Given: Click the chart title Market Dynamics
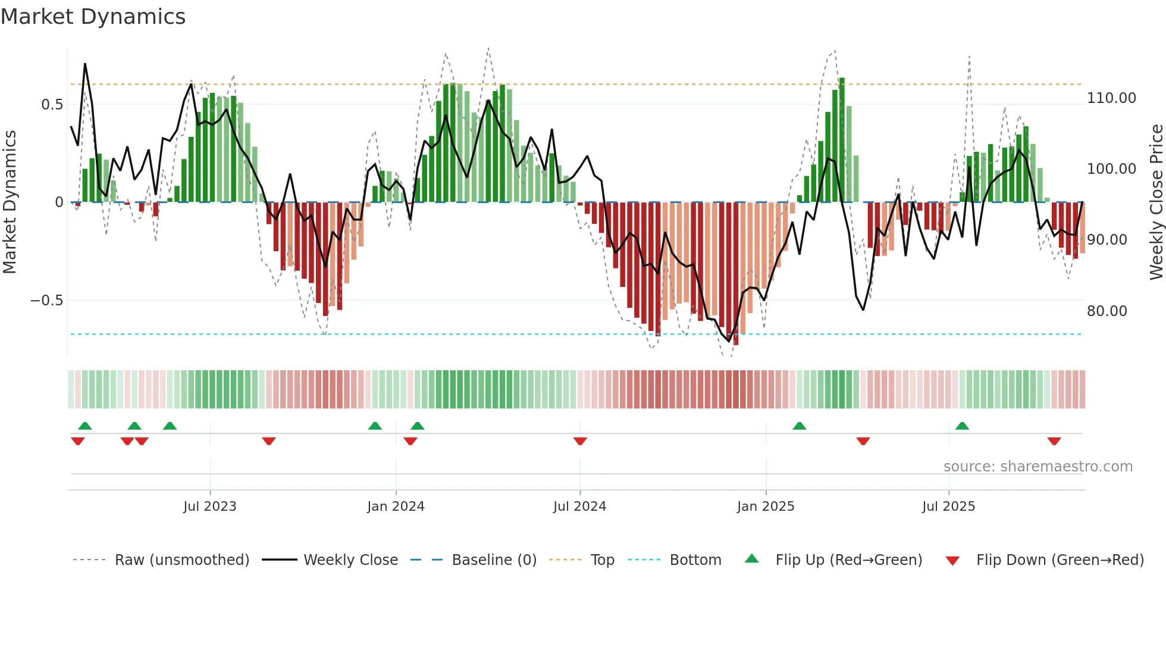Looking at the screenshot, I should click(x=93, y=17).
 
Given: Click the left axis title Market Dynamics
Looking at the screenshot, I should click(x=10, y=202).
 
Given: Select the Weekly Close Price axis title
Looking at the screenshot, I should click(x=1156, y=202).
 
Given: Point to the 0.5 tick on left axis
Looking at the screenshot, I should click(x=52, y=105).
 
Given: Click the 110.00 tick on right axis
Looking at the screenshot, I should click(x=1111, y=98).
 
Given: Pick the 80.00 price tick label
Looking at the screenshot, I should click(x=1107, y=311).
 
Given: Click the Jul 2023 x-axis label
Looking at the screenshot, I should click(x=209, y=507).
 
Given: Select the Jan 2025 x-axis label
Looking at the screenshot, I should click(x=765, y=507).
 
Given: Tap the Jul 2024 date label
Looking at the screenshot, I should click(x=579, y=507).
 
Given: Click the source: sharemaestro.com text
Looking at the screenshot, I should click(x=1038, y=467).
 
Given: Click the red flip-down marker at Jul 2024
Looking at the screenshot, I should click(x=580, y=441).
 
